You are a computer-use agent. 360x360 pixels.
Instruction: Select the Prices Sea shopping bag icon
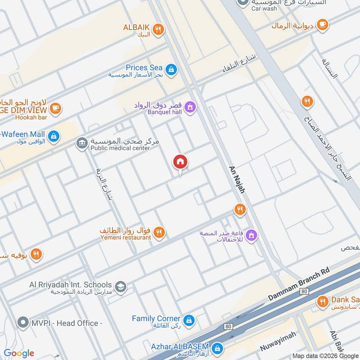coord(171,69)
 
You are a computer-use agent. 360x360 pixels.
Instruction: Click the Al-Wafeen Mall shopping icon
coord(54,135)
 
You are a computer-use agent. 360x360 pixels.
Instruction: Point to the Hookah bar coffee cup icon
coord(56,108)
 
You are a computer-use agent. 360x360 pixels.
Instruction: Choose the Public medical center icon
coord(82,144)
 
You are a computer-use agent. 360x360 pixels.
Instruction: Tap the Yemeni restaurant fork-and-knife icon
coord(159,233)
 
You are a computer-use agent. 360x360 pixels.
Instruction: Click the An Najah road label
coord(238,178)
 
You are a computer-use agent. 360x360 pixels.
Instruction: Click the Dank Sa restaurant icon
coord(322,301)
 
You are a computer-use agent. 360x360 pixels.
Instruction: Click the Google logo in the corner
coord(18,353)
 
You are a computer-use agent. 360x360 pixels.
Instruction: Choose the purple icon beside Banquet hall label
coord(190,107)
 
